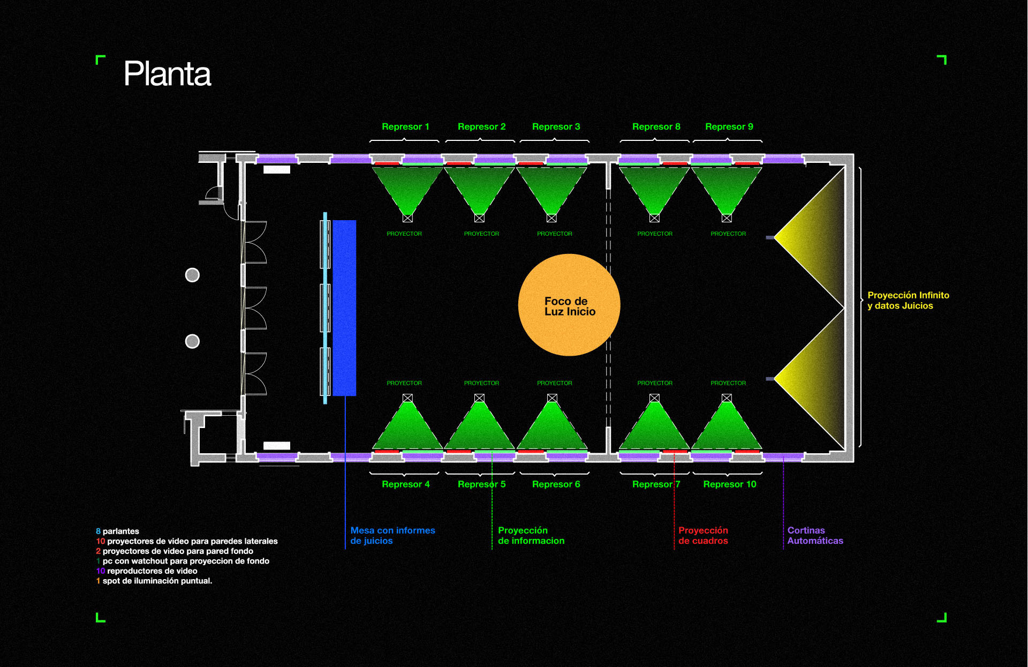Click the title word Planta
tap(167, 73)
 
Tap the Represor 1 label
tap(405, 126)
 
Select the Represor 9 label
tap(729, 126)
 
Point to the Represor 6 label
tap(556, 484)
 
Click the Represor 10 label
tap(729, 484)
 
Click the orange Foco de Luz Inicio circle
tap(569, 305)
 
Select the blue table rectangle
tap(344, 308)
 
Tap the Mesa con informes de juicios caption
tap(392, 535)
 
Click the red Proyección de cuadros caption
tap(703, 535)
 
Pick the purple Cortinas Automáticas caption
tap(815, 535)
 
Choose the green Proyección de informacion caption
tap(531, 535)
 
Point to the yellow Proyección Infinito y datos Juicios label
tap(908, 301)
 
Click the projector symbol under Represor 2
tap(479, 218)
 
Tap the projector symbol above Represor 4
tap(407, 398)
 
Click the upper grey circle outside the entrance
tap(192, 275)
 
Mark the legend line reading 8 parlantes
tap(117, 531)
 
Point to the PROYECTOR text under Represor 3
tap(555, 234)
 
